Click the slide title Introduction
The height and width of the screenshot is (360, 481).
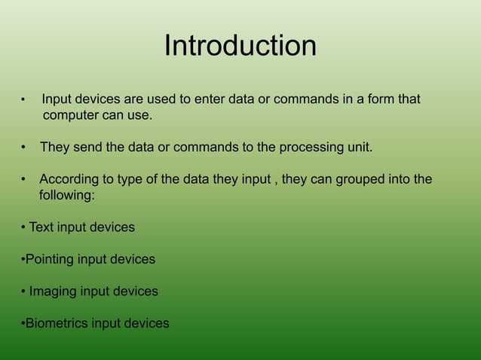240,47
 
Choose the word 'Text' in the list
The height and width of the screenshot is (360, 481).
42,227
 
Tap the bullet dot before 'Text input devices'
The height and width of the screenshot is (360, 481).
23,227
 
